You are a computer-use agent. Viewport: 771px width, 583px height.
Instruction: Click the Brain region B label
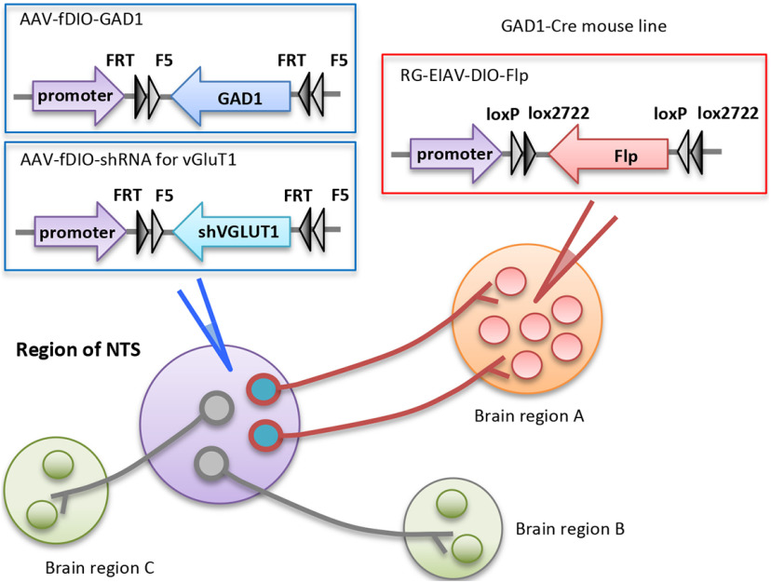(570, 529)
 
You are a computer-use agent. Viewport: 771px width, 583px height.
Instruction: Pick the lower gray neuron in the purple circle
(211, 463)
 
